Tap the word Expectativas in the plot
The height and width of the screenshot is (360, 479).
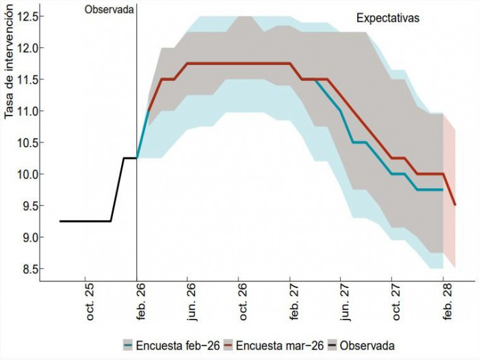(x=387, y=18)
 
